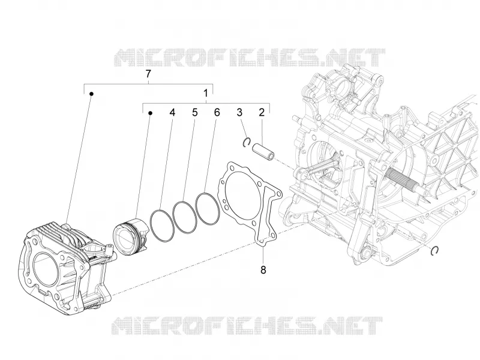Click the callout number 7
148,74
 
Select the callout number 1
206,93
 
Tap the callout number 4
172,112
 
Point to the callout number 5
194,112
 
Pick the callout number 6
217,112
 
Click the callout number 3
239,112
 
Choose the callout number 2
262,112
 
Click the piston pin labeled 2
263,152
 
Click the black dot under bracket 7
91,94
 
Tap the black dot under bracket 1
151,113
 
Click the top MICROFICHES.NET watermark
249,58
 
